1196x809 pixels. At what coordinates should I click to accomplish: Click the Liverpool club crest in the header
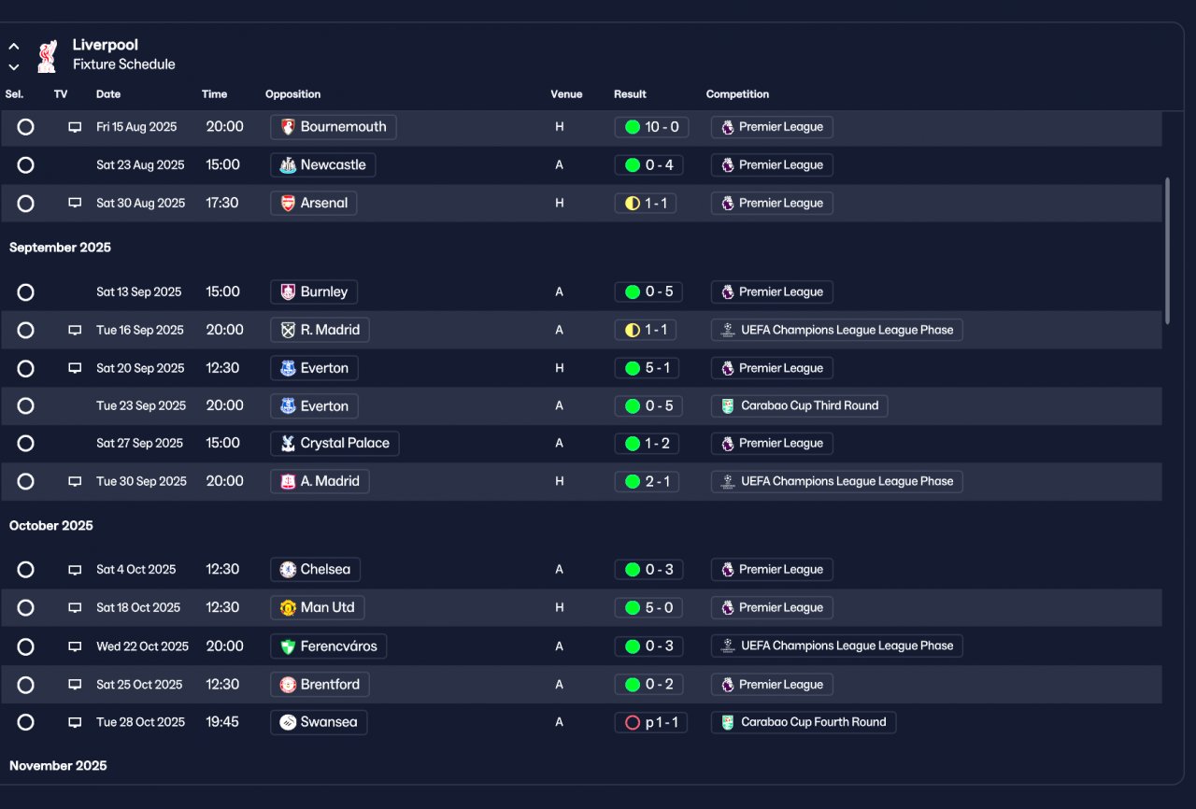(x=47, y=55)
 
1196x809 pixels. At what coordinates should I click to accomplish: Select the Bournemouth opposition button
(x=334, y=127)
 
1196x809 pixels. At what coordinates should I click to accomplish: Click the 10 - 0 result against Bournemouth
(x=651, y=127)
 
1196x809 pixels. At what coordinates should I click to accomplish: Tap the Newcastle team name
(x=334, y=165)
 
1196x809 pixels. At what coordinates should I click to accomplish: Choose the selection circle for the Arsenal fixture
(x=25, y=204)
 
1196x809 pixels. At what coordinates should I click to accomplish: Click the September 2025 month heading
(x=60, y=248)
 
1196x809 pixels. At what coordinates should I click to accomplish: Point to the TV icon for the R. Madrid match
(x=75, y=331)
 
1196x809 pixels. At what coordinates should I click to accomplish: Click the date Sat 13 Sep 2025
(x=139, y=291)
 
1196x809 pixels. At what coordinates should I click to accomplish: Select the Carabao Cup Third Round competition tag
(x=799, y=406)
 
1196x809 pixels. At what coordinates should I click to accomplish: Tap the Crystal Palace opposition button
(x=335, y=444)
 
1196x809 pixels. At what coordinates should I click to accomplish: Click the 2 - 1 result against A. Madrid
(x=647, y=481)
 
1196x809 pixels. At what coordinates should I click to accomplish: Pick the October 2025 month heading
(x=50, y=526)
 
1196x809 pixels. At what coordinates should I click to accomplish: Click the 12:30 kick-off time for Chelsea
(x=222, y=570)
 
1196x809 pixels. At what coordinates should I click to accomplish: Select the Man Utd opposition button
(x=317, y=608)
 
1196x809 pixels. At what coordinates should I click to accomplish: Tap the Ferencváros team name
(x=338, y=646)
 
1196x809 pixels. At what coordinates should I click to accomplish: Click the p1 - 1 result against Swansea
(x=651, y=722)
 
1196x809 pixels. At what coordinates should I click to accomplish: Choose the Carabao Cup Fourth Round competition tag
(x=804, y=722)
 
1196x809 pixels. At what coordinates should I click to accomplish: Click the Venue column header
(x=566, y=94)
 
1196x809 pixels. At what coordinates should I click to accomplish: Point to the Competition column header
(x=737, y=94)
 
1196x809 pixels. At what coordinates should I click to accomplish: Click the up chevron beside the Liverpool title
(x=14, y=47)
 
